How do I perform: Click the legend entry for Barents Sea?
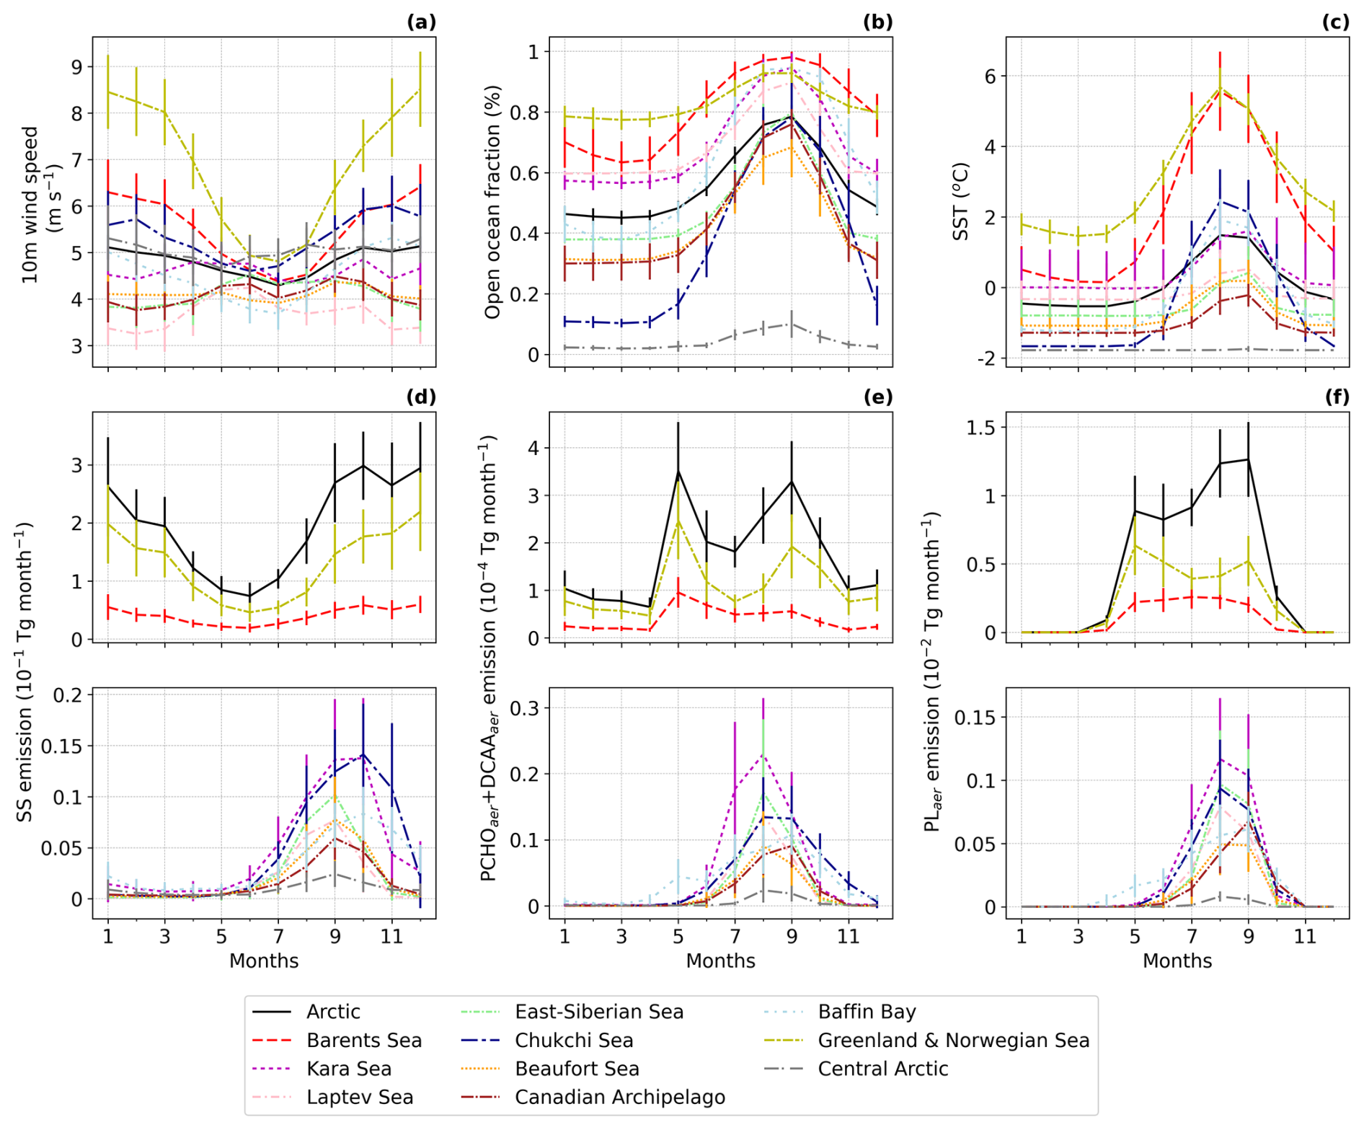click(363, 1040)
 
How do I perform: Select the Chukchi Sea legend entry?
click(573, 1040)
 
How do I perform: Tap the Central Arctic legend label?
click(882, 1068)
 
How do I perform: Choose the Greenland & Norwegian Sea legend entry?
click(953, 1040)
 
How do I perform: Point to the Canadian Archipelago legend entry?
click(619, 1097)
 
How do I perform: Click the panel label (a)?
click(422, 22)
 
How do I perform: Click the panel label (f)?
click(1337, 397)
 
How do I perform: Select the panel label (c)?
click(1335, 22)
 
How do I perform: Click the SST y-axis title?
click(960, 202)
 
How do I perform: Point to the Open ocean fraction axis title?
click(492, 202)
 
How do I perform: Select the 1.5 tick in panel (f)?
click(980, 428)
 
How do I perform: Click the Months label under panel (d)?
click(264, 961)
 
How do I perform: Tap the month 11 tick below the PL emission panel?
click(1305, 937)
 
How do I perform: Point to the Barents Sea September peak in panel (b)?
click(792, 56)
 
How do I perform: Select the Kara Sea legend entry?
click(348, 1068)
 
